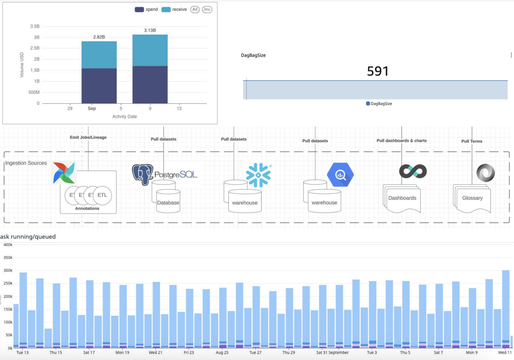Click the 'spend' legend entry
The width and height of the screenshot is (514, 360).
click(x=146, y=10)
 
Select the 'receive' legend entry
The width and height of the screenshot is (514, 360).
click(x=174, y=10)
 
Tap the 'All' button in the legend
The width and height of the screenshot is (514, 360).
click(x=195, y=10)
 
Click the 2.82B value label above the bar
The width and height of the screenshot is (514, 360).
click(x=99, y=37)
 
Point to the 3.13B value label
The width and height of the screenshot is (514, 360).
click(x=150, y=30)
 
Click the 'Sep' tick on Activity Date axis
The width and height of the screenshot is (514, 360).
click(x=92, y=109)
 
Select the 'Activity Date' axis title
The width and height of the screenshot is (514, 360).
click(x=125, y=116)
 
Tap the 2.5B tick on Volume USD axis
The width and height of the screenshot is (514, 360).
click(x=35, y=48)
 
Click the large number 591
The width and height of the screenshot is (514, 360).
click(x=377, y=71)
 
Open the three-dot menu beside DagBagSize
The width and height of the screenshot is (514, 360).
click(x=511, y=55)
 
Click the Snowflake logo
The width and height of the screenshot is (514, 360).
click(x=258, y=175)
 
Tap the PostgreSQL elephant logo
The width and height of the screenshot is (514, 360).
click(x=142, y=174)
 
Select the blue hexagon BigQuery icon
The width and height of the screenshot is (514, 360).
click(x=340, y=175)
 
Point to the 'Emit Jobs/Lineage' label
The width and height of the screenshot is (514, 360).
click(x=88, y=137)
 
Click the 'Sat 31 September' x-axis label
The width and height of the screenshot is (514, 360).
click(x=332, y=352)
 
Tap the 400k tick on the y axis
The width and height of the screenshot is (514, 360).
click(x=8, y=245)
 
